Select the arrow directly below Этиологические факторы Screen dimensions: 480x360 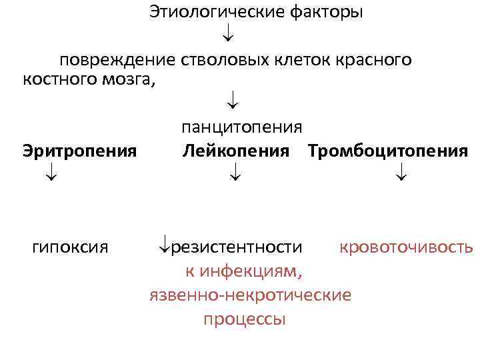click(x=227, y=31)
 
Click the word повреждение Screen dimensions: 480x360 click(x=117, y=60)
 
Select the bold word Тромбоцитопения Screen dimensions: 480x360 click(x=388, y=151)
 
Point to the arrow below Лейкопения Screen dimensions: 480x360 click(x=235, y=175)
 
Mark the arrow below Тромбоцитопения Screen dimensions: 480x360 click(x=401, y=175)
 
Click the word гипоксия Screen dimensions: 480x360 click(x=70, y=248)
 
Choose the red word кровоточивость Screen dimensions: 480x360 click(x=406, y=248)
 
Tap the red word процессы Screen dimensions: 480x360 click(x=245, y=319)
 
